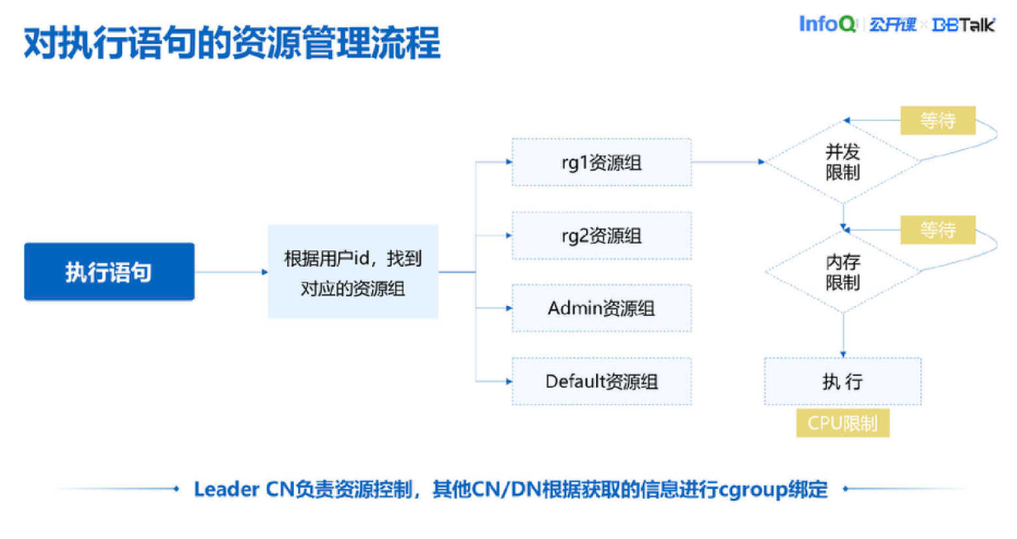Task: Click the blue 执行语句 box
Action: [110, 272]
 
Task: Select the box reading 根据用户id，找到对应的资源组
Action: [353, 272]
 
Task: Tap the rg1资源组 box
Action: [601, 162]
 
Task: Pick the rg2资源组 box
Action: [601, 235]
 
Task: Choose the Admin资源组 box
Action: [601, 309]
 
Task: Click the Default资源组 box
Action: [601, 381]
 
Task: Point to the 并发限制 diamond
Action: [842, 162]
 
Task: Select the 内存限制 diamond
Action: [842, 272]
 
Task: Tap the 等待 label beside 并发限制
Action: [938, 121]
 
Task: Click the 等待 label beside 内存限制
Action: [938, 230]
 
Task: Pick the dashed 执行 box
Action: [842, 381]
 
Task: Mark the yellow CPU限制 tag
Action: [842, 424]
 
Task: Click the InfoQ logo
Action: [828, 24]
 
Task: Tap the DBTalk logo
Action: [963, 25]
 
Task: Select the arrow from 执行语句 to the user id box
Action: [231, 272]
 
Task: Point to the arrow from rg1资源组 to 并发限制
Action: [729, 162]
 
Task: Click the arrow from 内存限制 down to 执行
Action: [842, 334]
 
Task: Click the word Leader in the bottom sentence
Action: [226, 489]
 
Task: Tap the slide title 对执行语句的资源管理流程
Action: [232, 43]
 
